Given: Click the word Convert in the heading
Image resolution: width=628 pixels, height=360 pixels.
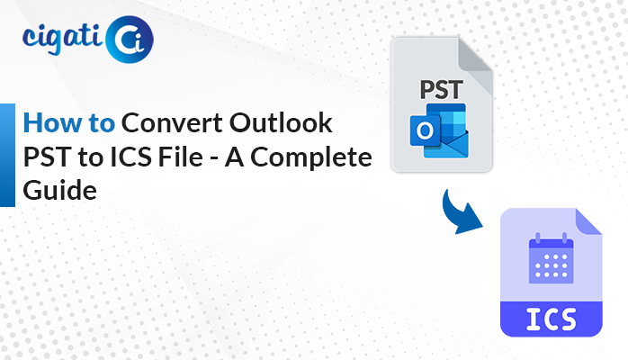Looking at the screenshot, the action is point(173,122).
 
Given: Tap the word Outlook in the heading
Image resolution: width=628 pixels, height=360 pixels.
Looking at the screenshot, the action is point(281,122).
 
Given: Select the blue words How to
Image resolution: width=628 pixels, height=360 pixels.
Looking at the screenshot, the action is point(69,122).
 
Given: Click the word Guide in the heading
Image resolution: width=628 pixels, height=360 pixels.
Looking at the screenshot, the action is point(59,190).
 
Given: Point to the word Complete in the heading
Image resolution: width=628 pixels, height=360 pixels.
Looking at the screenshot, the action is point(311,157).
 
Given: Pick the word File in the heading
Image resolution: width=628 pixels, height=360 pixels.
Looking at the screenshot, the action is point(180,157).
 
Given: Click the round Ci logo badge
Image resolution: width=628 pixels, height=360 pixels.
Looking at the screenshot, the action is point(130,40).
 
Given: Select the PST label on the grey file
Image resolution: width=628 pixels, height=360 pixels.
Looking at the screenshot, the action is point(442,90).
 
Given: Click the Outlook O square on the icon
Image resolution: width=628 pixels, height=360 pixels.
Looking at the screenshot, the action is point(425,130).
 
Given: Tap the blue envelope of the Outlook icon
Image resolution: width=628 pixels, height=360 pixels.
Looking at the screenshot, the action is point(449,145).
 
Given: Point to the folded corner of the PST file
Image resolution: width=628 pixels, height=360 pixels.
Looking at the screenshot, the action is point(475,60).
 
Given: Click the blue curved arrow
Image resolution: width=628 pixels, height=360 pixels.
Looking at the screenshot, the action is point(458,214).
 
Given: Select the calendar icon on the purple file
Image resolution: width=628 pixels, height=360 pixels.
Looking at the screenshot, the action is point(552,258).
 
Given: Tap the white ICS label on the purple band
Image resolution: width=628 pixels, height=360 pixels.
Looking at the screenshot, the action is point(552,319).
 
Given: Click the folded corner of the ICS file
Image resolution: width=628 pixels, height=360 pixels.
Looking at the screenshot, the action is point(588,221).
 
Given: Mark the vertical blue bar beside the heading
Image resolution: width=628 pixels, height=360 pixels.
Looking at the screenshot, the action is point(7,156).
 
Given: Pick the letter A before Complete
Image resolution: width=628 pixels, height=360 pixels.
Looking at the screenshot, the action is point(234,157).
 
